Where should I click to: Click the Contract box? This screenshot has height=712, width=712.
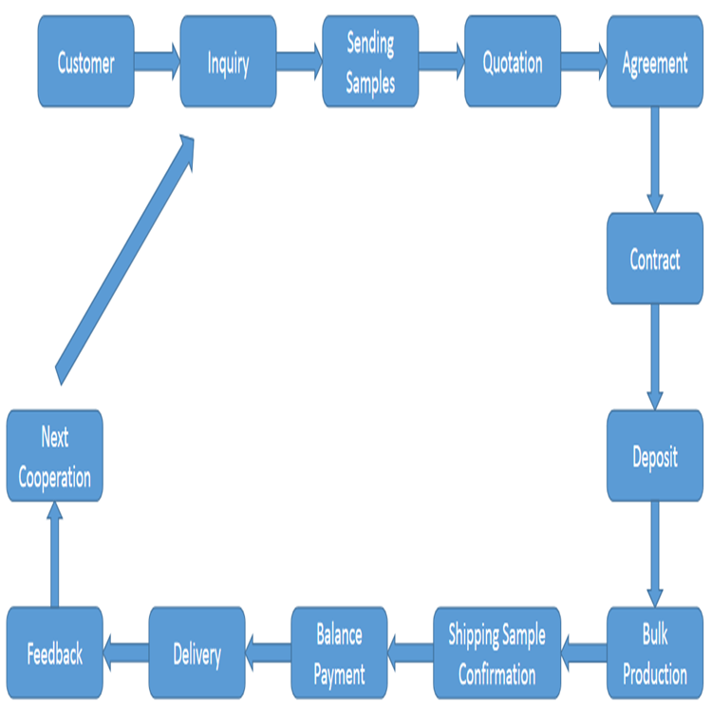coord(654,258)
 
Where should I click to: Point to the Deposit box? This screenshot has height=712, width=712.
coord(654,456)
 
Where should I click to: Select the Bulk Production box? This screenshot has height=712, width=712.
coord(654,652)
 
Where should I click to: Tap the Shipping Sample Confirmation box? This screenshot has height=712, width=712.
coord(497,652)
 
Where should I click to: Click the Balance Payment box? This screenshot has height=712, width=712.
coord(339,652)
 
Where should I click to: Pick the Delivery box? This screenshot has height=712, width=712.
coord(197,652)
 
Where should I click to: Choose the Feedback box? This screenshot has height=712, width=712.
coord(54,652)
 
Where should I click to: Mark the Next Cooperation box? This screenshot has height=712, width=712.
coord(54,456)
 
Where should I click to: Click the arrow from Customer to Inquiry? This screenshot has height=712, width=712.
coord(157,62)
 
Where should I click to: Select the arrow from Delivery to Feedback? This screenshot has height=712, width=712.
coord(125,652)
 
